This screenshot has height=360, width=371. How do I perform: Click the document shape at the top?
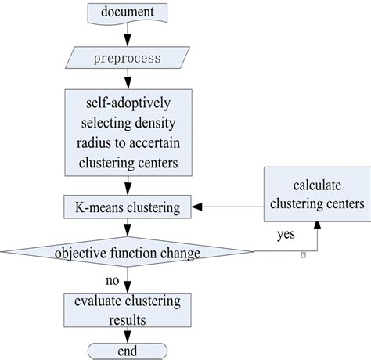pyautogui.click(x=128, y=13)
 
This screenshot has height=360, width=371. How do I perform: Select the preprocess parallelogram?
pyautogui.click(x=128, y=58)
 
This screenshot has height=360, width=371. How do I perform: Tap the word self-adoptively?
pyautogui.click(x=128, y=103)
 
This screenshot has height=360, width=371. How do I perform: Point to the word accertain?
pyautogui.click(x=155, y=143)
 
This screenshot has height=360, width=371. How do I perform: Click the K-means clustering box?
pyautogui.click(x=128, y=207)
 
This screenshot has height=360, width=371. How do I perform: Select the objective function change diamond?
pyautogui.click(x=128, y=252)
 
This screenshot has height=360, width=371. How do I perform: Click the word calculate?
pyautogui.click(x=317, y=185)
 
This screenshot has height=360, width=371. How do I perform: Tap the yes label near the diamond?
pyautogui.click(x=286, y=234)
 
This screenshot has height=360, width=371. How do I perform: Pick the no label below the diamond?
pyautogui.click(x=113, y=281)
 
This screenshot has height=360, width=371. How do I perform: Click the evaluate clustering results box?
pyautogui.click(x=128, y=310)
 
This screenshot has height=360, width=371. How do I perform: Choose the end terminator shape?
pyautogui.click(x=128, y=351)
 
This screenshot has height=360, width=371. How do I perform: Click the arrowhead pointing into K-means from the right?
pyautogui.click(x=197, y=207)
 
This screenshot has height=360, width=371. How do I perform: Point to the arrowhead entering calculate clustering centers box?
pyautogui.click(x=317, y=227)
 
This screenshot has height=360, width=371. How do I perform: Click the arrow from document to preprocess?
pyautogui.click(x=128, y=35)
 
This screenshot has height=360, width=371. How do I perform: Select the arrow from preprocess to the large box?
pyautogui.click(x=128, y=79)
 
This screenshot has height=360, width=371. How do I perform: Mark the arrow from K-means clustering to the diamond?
pyautogui.click(x=128, y=228)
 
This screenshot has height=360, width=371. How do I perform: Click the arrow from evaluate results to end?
pyautogui.click(x=128, y=335)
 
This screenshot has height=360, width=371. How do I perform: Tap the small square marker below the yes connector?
pyautogui.click(x=303, y=255)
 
